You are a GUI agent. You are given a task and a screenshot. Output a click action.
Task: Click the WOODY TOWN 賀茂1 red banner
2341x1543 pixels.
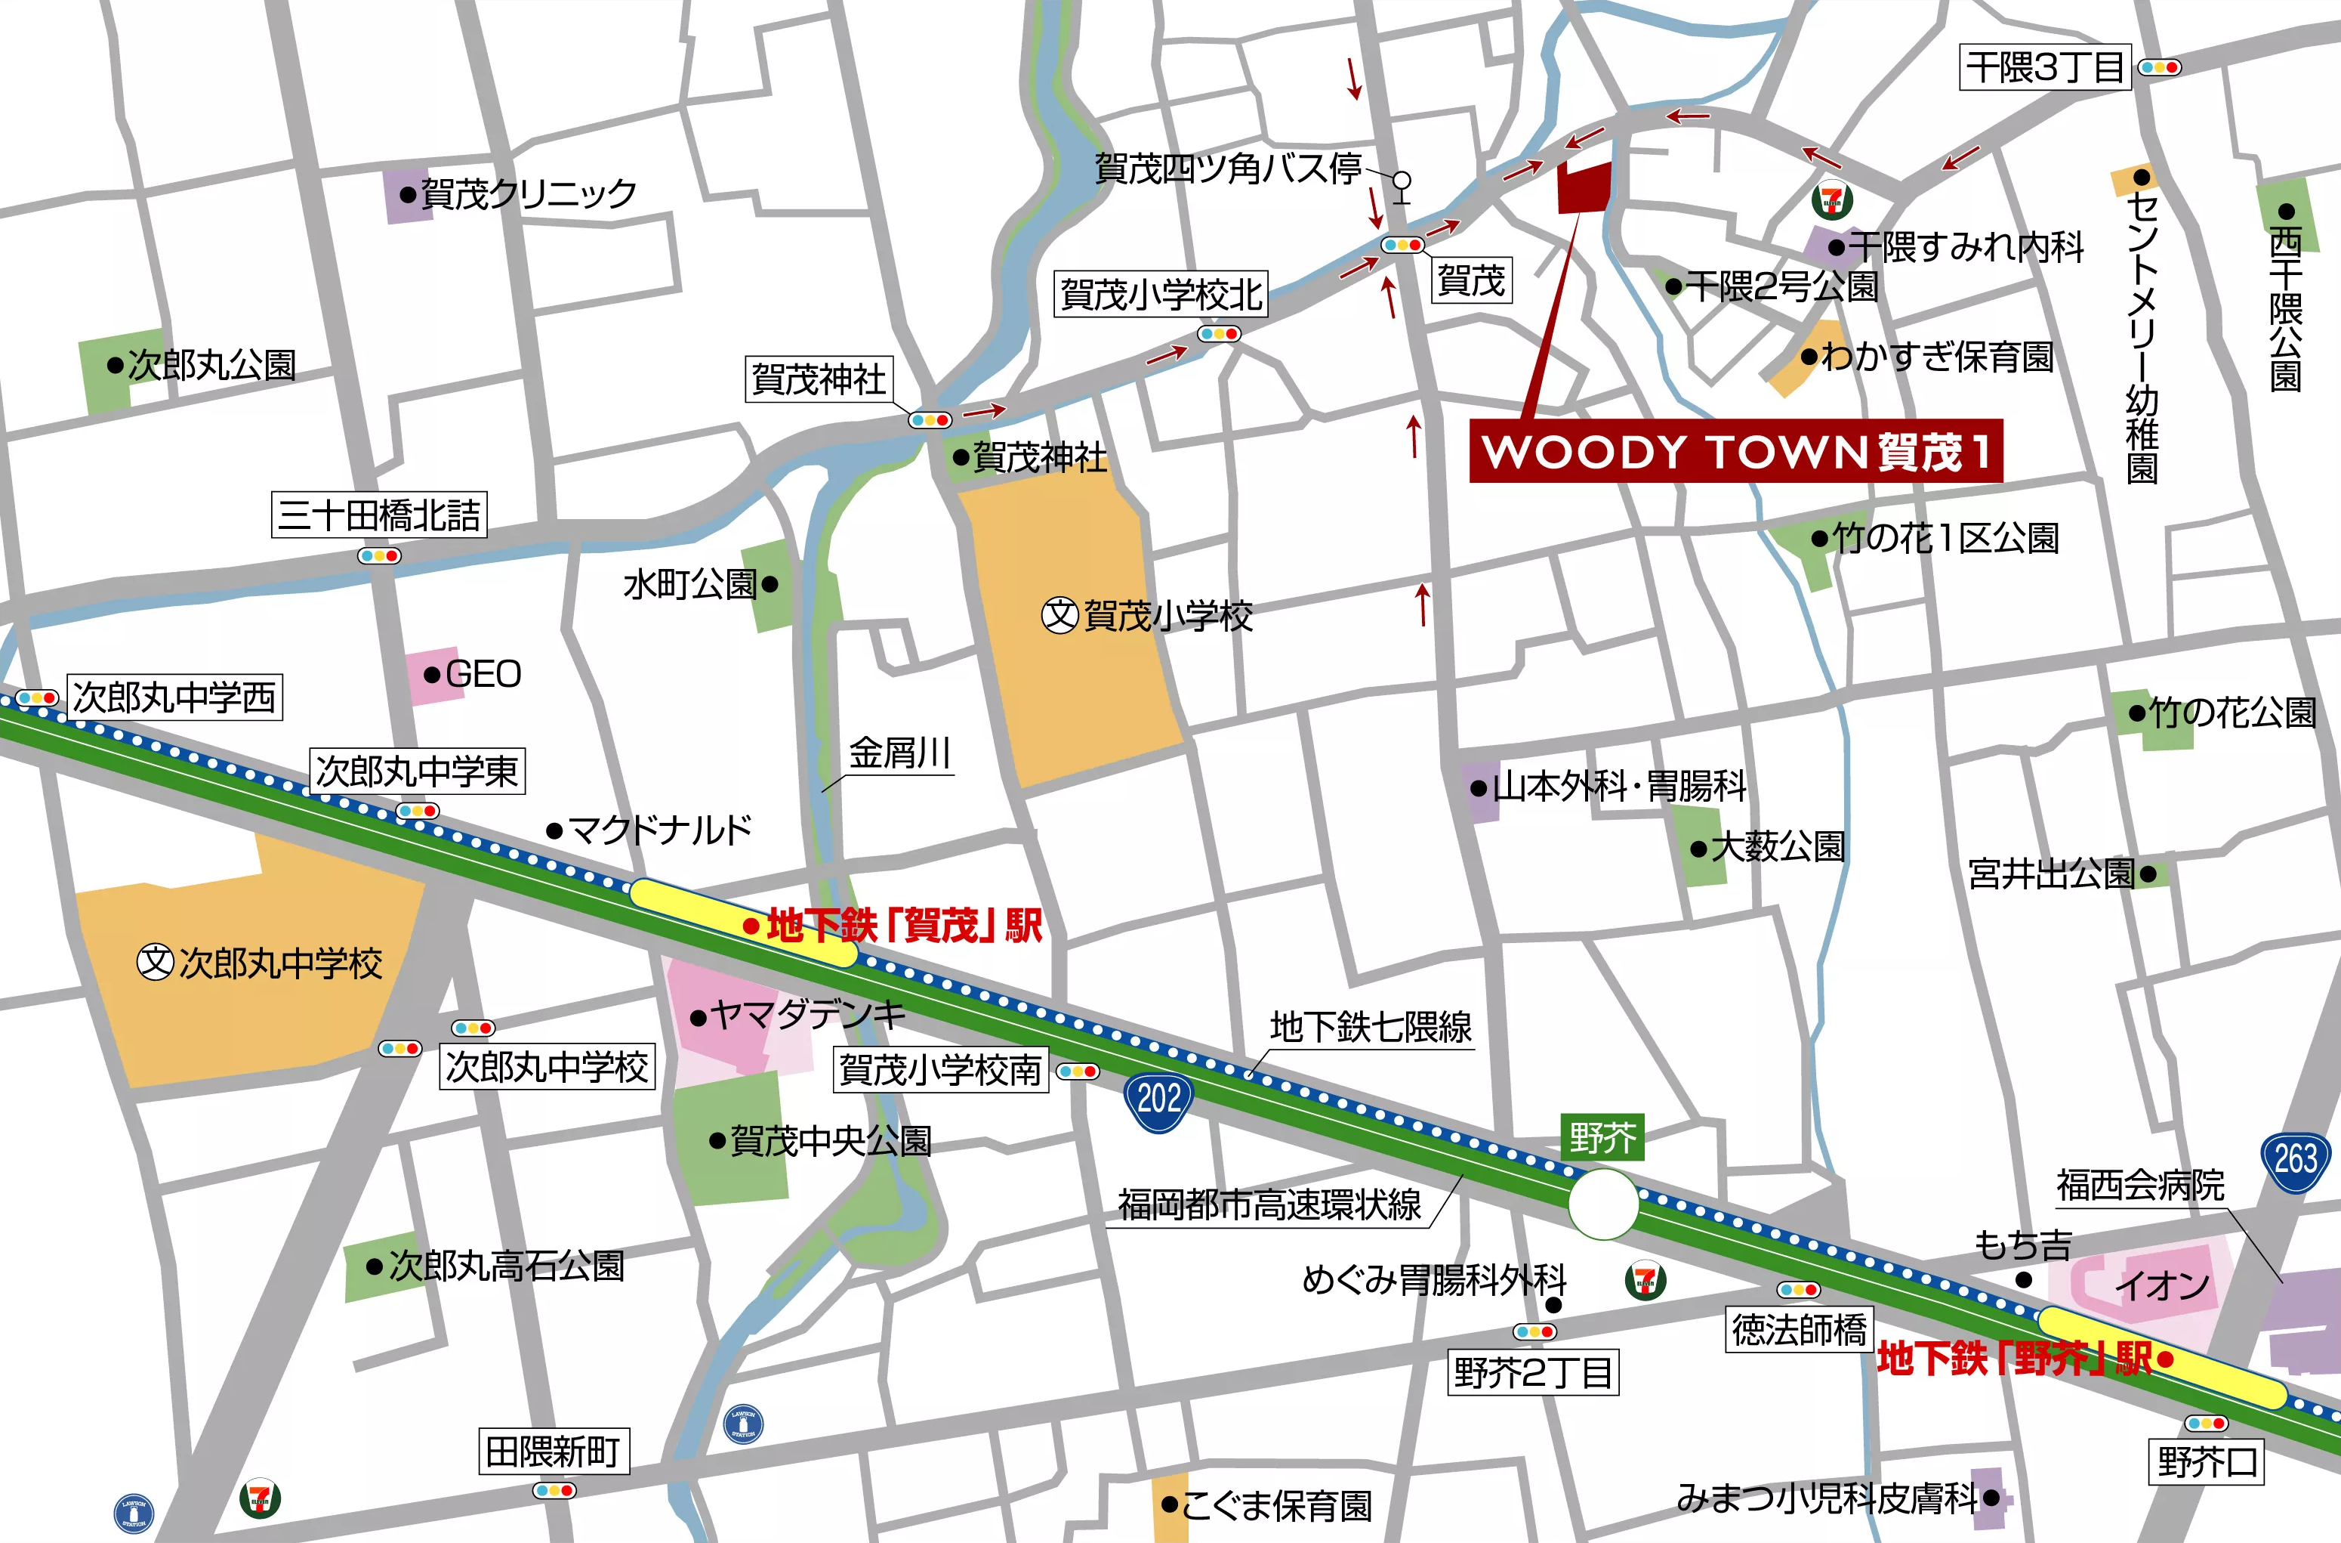[x=1735, y=452]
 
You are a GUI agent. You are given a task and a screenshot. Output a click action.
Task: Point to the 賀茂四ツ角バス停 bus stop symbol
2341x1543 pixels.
[x=1402, y=184]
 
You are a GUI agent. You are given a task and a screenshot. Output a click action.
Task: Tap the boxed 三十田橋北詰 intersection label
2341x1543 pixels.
[x=378, y=515]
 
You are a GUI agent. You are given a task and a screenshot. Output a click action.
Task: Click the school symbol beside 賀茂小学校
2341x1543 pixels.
[x=1059, y=616]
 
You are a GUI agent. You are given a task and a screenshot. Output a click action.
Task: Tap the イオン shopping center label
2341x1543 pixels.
[x=2162, y=1284]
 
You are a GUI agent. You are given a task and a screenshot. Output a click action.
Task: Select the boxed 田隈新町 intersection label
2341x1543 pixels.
[x=553, y=1452]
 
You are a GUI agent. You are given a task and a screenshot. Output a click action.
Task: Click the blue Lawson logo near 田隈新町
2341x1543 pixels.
[x=742, y=1423]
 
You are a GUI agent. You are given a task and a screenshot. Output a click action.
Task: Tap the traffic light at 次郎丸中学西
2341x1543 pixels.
[x=36, y=697]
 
